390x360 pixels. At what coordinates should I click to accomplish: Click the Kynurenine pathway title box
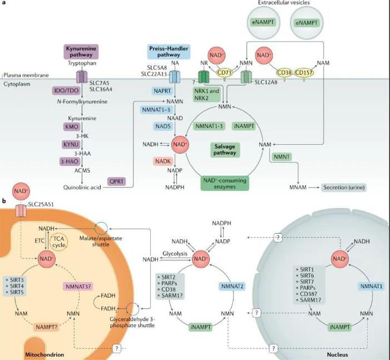click(x=81, y=52)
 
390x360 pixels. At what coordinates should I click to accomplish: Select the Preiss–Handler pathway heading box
click(x=169, y=52)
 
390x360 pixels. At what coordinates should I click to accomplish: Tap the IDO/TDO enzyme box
click(x=66, y=91)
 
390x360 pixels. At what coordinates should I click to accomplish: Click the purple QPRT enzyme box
click(x=117, y=181)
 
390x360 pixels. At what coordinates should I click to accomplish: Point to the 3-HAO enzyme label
click(x=70, y=161)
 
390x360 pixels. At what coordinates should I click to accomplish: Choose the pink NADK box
click(x=163, y=161)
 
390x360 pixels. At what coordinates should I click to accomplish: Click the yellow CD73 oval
click(x=225, y=73)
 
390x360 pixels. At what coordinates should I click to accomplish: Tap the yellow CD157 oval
click(x=304, y=73)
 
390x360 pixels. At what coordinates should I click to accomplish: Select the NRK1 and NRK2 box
click(x=207, y=94)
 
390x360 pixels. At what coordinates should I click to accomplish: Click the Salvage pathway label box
click(x=225, y=150)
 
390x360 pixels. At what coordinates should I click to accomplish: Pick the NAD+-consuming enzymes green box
click(x=225, y=184)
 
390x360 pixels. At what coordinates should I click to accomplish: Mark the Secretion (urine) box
click(x=344, y=188)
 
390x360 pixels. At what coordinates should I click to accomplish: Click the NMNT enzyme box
click(x=282, y=157)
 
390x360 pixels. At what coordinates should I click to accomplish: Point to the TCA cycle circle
click(x=59, y=242)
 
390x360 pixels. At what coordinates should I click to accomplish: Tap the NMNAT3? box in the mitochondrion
click(x=78, y=287)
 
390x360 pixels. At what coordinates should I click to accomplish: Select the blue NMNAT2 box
click(x=233, y=287)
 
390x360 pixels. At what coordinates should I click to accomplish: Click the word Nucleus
click(x=338, y=354)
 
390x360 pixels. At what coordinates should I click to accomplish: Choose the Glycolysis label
click(x=175, y=254)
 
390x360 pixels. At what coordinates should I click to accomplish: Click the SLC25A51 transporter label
click(x=41, y=204)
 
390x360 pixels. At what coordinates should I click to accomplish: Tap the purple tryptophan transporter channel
click(x=82, y=77)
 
